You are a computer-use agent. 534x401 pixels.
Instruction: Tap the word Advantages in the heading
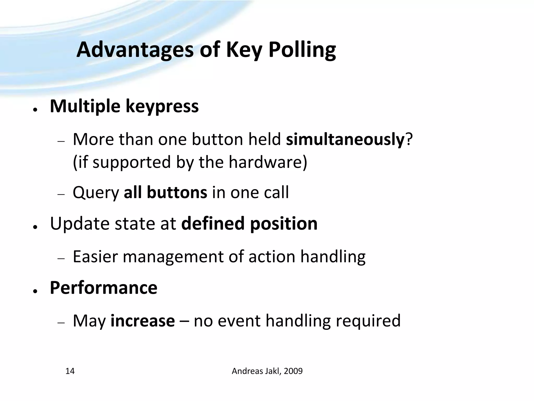(x=135, y=50)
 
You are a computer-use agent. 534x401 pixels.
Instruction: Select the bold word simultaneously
(x=345, y=139)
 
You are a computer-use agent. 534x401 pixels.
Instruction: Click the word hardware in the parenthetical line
(x=268, y=162)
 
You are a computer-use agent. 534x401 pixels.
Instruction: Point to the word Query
(x=96, y=193)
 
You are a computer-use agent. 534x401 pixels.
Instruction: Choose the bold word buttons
(x=177, y=192)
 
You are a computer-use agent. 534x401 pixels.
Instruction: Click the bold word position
(x=284, y=224)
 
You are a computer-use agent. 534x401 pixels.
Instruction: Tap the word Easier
(x=95, y=257)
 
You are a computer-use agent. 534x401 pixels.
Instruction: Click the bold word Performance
(x=104, y=288)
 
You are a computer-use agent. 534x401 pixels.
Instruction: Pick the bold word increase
(x=143, y=321)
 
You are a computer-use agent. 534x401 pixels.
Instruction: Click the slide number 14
(x=70, y=371)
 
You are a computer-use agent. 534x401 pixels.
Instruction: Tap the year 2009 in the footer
(x=293, y=371)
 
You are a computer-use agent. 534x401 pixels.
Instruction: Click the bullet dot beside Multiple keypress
(x=35, y=110)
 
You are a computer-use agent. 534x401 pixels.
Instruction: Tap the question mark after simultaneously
(x=409, y=139)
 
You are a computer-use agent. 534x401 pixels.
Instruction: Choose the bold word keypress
(x=162, y=107)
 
